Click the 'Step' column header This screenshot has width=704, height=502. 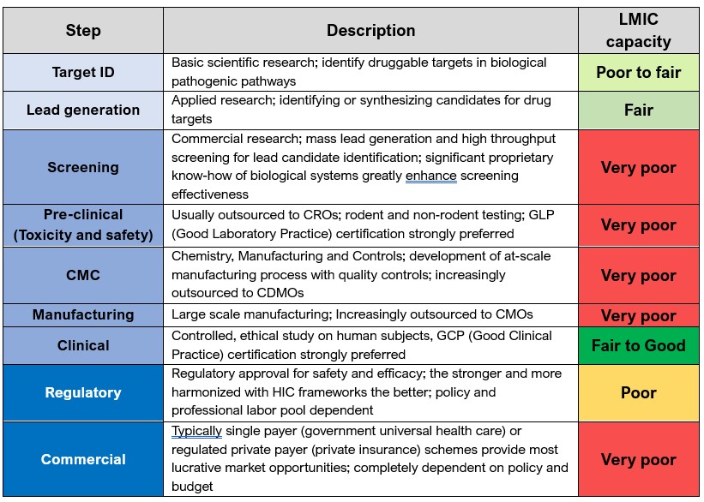coord(83,31)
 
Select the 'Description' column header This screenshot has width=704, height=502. coord(370,31)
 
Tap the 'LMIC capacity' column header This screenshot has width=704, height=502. coord(638,31)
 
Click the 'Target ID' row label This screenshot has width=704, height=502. coord(83,72)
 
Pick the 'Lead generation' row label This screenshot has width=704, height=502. coord(83,110)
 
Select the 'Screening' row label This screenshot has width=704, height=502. coord(83,167)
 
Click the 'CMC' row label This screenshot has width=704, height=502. coord(83,275)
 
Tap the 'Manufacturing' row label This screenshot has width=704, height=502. coord(83,314)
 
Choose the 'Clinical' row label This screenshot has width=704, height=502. coord(83,345)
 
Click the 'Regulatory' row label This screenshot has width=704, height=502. coord(83,392)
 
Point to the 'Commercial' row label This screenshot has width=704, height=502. coord(83,459)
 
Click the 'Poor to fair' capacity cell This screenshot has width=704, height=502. coord(638,72)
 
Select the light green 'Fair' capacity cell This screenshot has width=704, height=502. coord(638,110)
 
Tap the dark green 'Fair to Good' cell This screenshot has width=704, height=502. coord(638,345)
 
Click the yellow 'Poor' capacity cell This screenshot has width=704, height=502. coord(638,392)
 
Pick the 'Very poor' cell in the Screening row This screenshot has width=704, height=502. coord(638,167)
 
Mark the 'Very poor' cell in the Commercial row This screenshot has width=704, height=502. coord(638,459)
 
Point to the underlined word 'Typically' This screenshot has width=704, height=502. coord(196,431)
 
